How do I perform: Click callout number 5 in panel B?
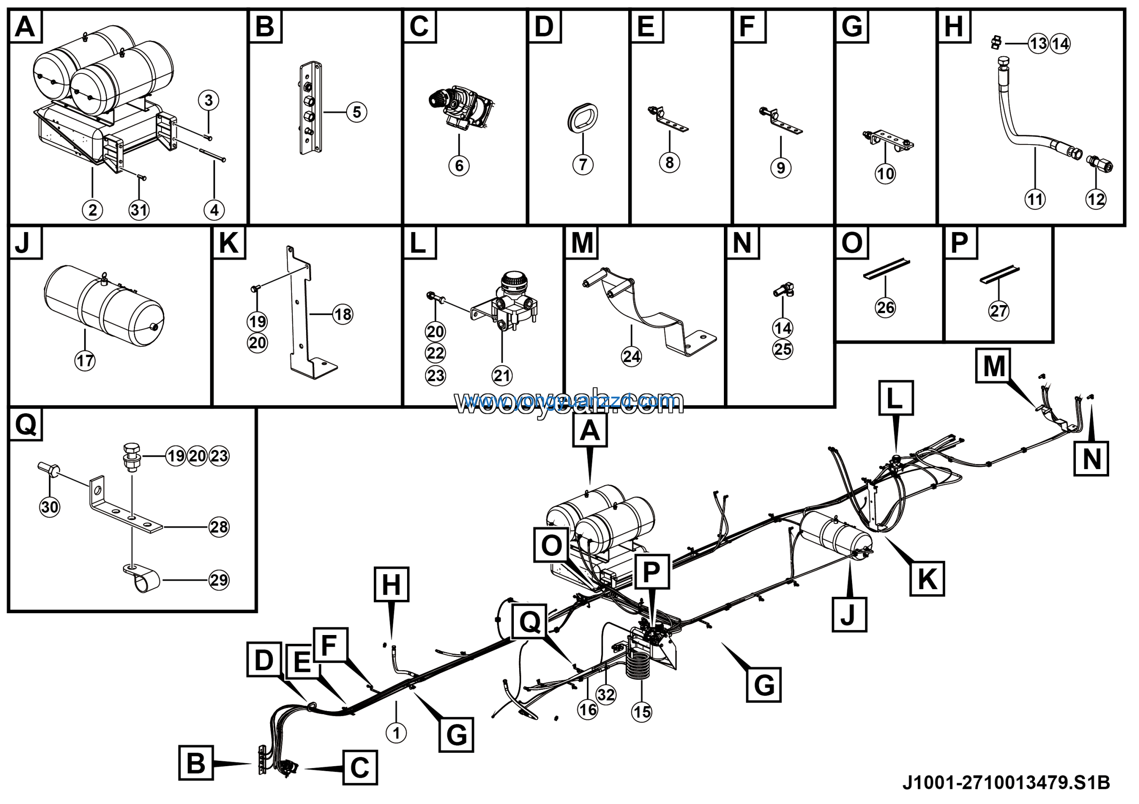tap(357, 112)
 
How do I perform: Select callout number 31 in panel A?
tap(139, 210)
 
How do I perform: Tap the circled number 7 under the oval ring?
tap(582, 164)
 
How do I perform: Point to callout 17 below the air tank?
tap(85, 360)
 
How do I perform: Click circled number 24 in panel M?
tap(631, 356)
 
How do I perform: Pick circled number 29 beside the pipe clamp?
tap(219, 580)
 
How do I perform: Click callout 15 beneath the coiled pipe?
tap(642, 712)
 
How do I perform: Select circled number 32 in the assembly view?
tap(606, 695)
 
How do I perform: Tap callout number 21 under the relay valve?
tap(501, 375)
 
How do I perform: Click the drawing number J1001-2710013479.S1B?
tap(1006, 783)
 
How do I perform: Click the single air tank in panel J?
tap(104, 306)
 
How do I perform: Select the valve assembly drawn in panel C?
tap(461, 108)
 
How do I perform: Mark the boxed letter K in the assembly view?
tap(927, 579)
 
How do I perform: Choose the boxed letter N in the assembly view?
tap(1091, 458)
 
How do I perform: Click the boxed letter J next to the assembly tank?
tap(849, 615)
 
